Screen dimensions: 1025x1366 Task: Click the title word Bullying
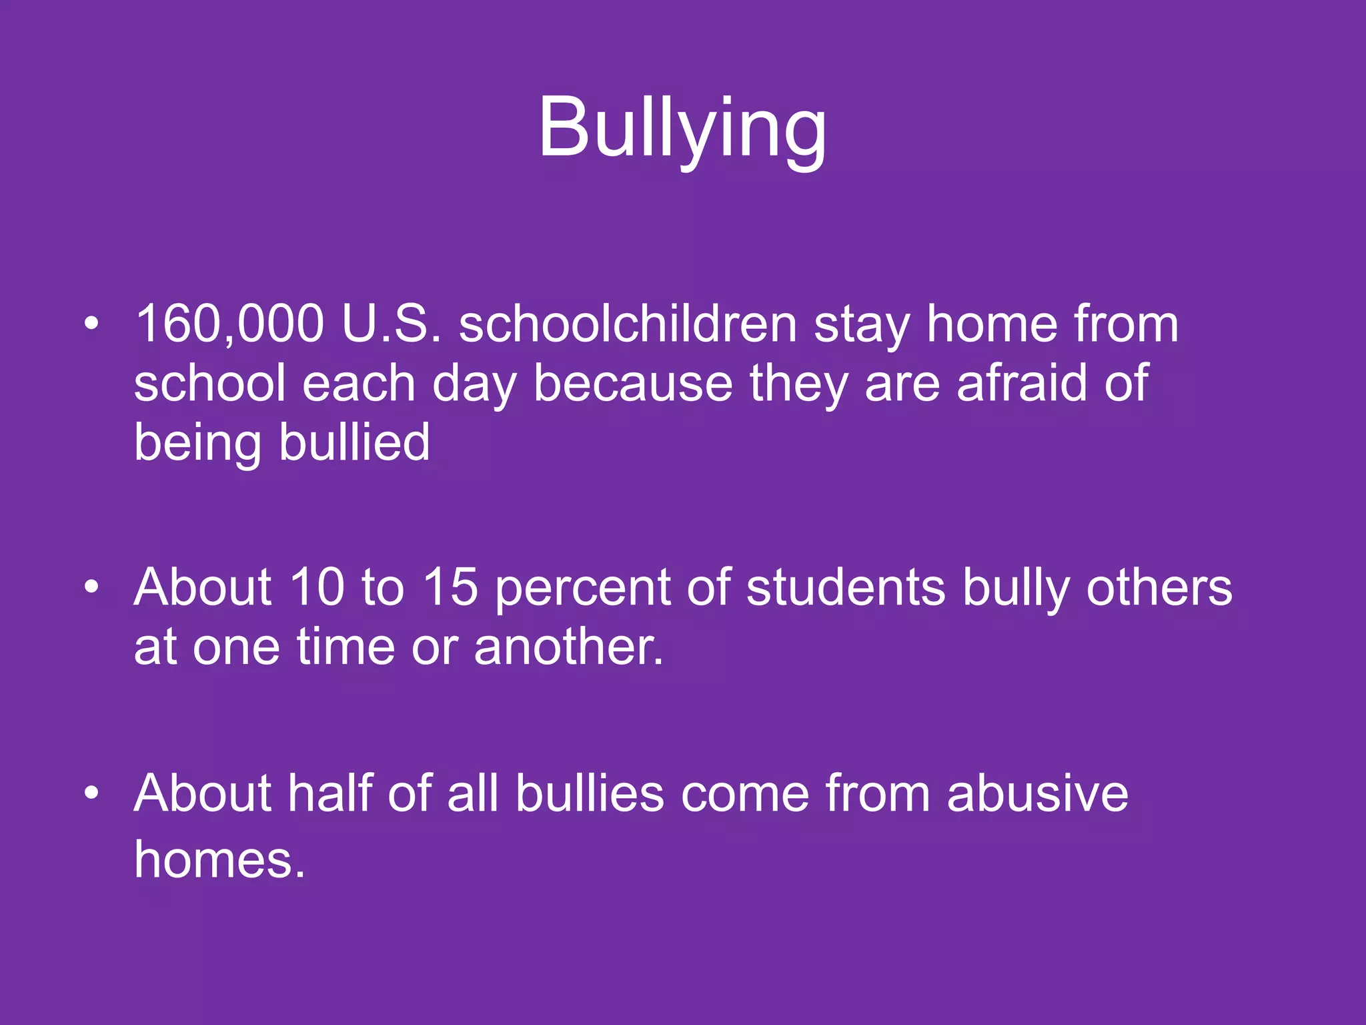(x=682, y=128)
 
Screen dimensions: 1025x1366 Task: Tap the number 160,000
(x=229, y=324)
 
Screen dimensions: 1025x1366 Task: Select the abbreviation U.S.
(x=392, y=324)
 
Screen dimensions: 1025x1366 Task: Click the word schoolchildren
(x=628, y=324)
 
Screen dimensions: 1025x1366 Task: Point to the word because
(x=632, y=384)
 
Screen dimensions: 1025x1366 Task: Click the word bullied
(x=354, y=442)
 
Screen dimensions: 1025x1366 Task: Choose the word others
(x=1159, y=588)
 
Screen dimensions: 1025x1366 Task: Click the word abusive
(x=1037, y=793)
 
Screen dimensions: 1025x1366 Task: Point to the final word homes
(x=219, y=860)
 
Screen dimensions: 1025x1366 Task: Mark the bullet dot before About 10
(x=91, y=588)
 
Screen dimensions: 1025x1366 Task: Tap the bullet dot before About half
(x=91, y=793)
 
